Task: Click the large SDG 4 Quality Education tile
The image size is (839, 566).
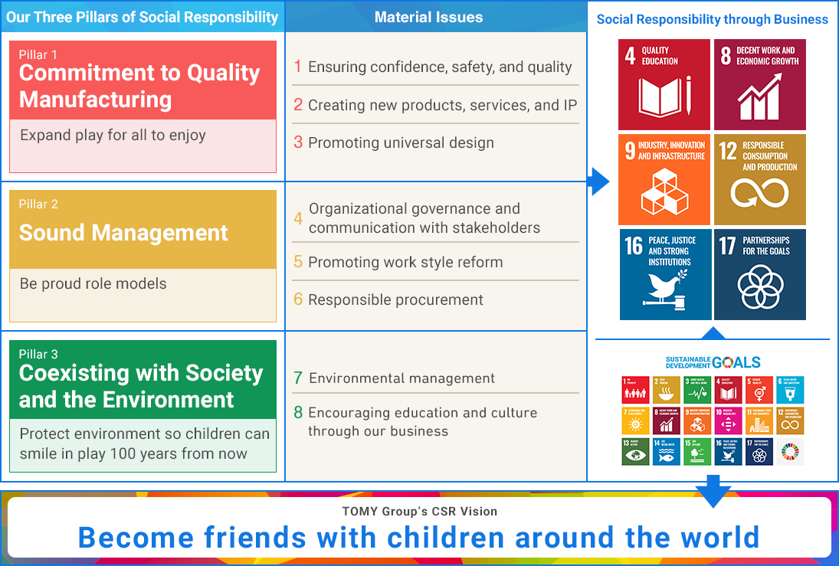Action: click(x=665, y=84)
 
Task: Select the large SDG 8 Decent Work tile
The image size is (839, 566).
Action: click(x=759, y=84)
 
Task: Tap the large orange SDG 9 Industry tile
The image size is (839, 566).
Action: click(x=665, y=179)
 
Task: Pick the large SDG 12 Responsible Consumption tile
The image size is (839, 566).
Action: click(x=759, y=179)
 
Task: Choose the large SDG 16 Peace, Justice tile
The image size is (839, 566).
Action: click(x=665, y=274)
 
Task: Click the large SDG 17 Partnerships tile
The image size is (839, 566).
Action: click(x=759, y=274)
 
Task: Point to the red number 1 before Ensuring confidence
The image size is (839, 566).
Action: click(x=298, y=67)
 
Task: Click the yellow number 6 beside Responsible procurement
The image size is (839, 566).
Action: click(x=298, y=299)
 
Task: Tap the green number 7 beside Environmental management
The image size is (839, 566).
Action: click(x=298, y=378)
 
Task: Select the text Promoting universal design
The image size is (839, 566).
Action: click(x=401, y=142)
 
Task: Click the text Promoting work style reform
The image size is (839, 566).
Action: click(x=405, y=262)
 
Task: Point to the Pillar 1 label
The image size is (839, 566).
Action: click(x=38, y=54)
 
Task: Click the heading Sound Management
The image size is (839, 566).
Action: click(x=123, y=233)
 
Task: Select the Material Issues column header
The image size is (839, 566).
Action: click(x=428, y=17)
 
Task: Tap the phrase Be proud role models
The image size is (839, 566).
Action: click(x=93, y=283)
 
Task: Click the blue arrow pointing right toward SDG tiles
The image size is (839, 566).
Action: click(x=598, y=182)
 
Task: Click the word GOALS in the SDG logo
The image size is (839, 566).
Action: click(x=736, y=362)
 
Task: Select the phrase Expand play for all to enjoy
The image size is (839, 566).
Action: click(x=113, y=136)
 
